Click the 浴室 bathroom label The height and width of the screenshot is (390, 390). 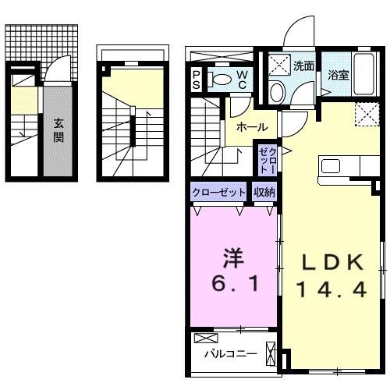(x=338, y=76)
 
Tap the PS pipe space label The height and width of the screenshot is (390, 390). (x=197, y=79)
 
